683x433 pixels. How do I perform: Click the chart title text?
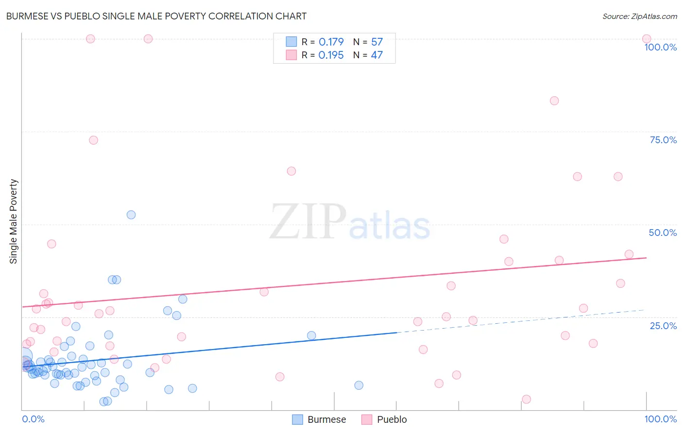click(156, 16)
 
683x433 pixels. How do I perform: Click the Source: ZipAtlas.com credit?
click(639, 17)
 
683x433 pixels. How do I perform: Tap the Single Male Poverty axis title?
click(14, 221)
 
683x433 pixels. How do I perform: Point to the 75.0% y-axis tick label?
click(663, 140)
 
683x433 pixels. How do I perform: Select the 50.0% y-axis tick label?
click(663, 233)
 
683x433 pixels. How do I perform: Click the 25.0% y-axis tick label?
click(663, 326)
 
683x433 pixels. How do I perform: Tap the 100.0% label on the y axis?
click(660, 47)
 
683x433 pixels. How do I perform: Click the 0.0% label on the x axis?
click(33, 419)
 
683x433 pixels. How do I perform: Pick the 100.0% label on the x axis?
click(660, 419)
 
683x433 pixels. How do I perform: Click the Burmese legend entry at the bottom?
click(319, 419)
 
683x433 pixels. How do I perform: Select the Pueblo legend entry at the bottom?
click(384, 419)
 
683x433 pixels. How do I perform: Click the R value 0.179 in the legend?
click(331, 42)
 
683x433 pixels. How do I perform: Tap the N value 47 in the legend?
click(376, 55)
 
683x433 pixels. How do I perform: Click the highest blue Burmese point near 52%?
click(131, 215)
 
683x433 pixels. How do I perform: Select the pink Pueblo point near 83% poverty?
click(554, 101)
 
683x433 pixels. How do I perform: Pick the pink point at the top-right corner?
click(647, 39)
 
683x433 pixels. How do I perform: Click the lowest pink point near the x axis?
click(527, 399)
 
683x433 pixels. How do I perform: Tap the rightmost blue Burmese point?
click(359, 385)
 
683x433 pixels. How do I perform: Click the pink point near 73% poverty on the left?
click(94, 140)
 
